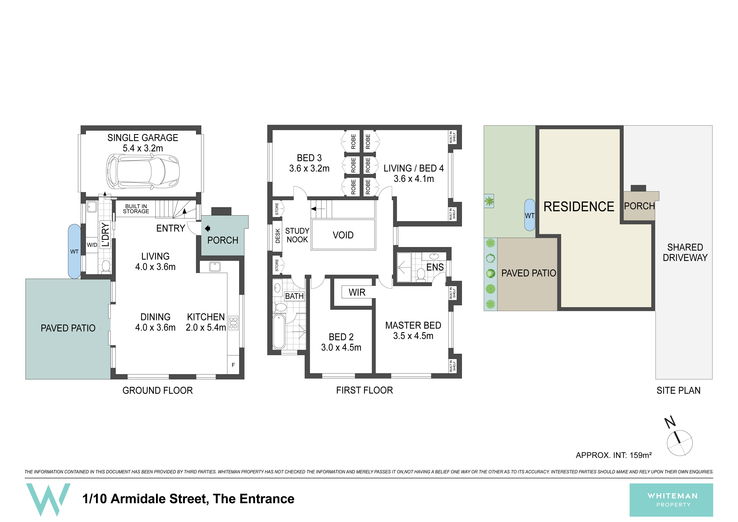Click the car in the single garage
tap(143, 171)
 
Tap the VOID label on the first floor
tap(343, 235)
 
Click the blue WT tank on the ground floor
tap(74, 251)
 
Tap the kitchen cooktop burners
tap(233, 323)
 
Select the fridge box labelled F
tap(233, 365)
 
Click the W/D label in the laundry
tap(92, 245)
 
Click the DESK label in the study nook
tap(278, 236)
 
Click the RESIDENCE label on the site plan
tap(579, 206)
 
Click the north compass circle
tap(680, 443)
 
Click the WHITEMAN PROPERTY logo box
tap(671, 500)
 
